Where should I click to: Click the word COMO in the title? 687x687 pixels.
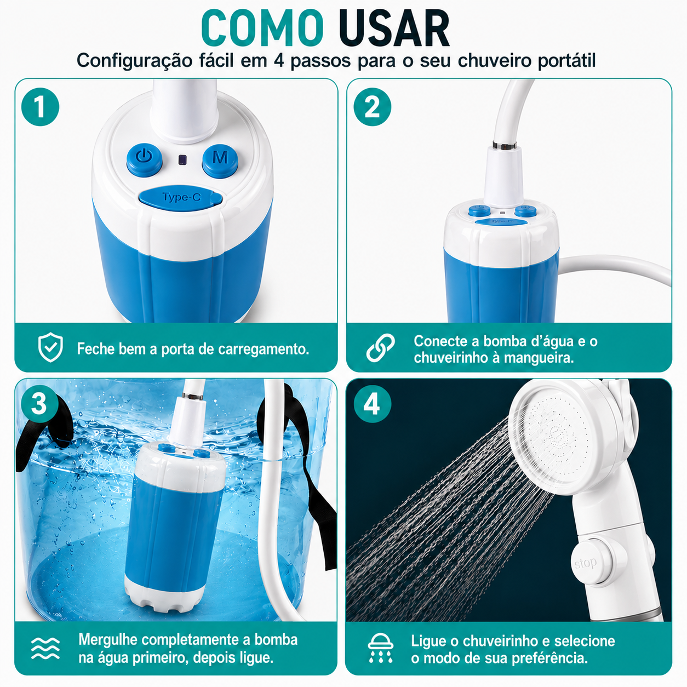[262, 28]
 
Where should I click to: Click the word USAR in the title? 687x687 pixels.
[394, 28]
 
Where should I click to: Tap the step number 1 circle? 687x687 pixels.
[41, 107]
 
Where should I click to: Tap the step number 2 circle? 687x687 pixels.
[372, 107]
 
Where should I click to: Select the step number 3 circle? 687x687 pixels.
[39, 404]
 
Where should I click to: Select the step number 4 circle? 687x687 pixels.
[372, 404]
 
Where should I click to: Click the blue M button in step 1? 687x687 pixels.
[220, 161]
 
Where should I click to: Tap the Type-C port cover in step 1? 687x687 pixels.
[181, 198]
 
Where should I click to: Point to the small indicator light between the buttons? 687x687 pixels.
[182, 159]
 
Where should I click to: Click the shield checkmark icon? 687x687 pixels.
[50, 347]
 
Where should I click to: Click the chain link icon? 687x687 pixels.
[380, 347]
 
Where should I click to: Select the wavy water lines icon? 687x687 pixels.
[45, 648]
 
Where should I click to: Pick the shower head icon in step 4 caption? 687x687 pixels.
[380, 648]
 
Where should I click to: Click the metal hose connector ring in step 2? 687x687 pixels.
[505, 145]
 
